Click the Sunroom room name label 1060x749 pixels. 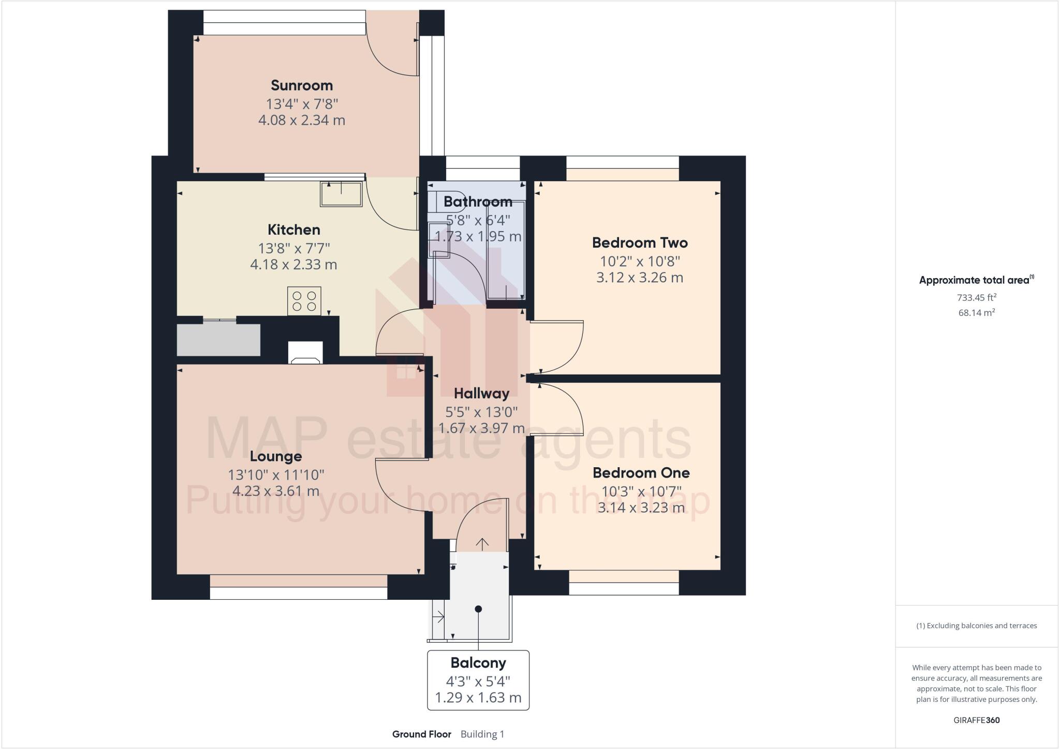(x=302, y=85)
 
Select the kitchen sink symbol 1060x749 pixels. (x=341, y=194)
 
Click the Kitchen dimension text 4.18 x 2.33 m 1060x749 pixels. (x=293, y=265)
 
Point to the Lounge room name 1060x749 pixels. (x=275, y=457)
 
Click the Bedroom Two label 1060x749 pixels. (x=640, y=243)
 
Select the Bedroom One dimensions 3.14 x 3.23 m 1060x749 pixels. (x=641, y=508)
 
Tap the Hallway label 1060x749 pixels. (x=481, y=394)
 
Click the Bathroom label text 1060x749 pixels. (x=478, y=201)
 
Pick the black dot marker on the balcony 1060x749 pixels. (x=478, y=609)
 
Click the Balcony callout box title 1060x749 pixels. (x=478, y=663)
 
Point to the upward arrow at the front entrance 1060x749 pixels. (x=482, y=544)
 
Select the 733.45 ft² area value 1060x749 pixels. (x=976, y=298)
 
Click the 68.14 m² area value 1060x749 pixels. (x=976, y=313)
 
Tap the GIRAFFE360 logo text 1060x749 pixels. (x=976, y=721)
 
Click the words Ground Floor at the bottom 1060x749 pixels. (x=421, y=734)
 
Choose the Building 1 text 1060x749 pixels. (x=482, y=734)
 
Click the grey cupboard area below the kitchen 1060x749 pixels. (x=218, y=340)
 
